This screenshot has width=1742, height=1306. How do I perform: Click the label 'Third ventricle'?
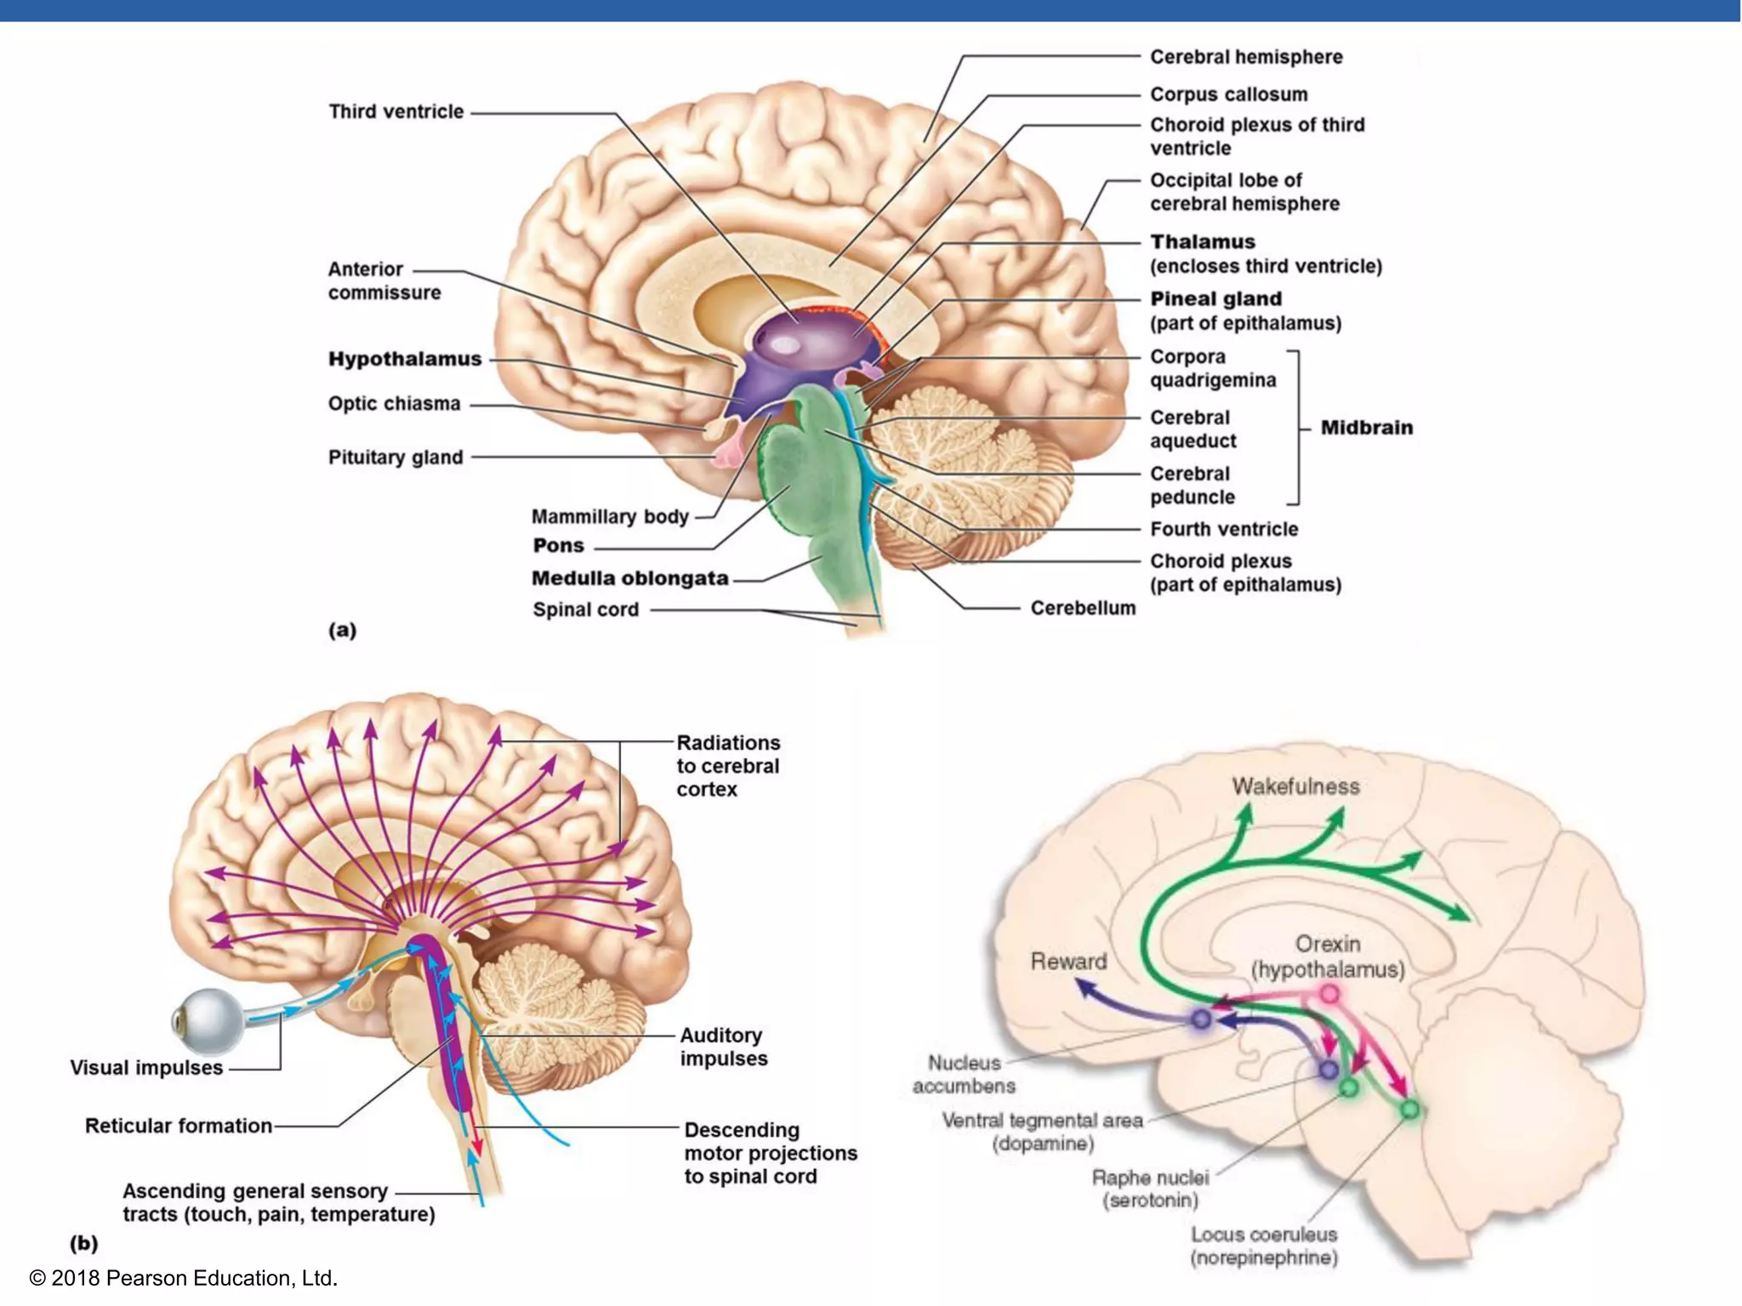click(x=396, y=111)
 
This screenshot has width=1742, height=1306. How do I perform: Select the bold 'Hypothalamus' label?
click(x=405, y=359)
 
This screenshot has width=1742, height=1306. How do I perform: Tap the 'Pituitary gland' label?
click(x=396, y=457)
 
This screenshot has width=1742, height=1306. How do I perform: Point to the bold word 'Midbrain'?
click(x=1366, y=428)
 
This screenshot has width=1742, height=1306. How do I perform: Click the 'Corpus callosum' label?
click(x=1228, y=94)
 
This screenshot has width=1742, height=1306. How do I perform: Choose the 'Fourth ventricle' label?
click(x=1224, y=529)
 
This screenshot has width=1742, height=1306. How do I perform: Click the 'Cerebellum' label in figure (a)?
click(x=1083, y=608)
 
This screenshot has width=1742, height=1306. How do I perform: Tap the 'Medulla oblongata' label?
click(x=629, y=578)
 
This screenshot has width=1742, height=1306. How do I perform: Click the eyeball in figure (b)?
click(x=208, y=1020)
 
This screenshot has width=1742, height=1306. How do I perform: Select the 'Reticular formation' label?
click(x=179, y=1126)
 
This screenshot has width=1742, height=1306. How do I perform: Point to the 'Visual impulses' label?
click(x=146, y=1068)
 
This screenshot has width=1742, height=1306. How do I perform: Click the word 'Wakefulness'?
click(x=1295, y=786)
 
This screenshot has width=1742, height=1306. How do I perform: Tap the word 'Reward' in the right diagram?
click(x=1068, y=962)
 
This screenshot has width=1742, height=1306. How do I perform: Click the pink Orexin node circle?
click(x=1329, y=994)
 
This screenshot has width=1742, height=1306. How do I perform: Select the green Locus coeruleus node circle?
click(x=1409, y=1109)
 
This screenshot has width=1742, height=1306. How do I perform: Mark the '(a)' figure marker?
click(x=342, y=630)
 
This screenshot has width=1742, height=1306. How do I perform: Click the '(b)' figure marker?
click(x=83, y=1243)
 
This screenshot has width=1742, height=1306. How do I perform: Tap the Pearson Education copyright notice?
click(x=184, y=1278)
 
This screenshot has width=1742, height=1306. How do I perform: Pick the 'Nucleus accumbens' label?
click(x=964, y=1074)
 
